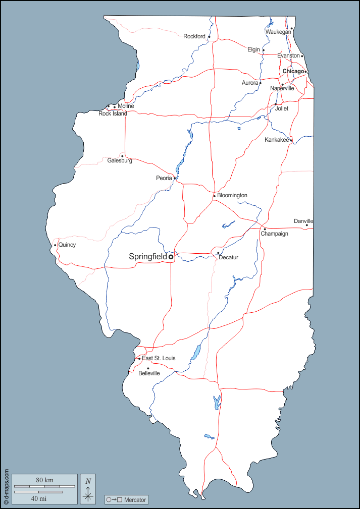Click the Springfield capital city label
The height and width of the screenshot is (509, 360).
[148, 257]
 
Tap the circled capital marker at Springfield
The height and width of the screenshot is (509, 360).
[171, 257]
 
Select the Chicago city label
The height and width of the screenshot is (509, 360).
[293, 72]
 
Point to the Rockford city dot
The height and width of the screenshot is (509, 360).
[209, 36]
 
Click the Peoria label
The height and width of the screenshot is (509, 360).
[164, 178]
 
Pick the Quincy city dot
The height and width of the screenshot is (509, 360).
[55, 245]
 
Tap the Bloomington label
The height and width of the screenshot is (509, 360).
[232, 195]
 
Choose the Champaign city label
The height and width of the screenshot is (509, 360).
[274, 234]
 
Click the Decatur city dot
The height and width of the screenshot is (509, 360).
[218, 253]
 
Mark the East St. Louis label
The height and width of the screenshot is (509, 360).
[159, 358]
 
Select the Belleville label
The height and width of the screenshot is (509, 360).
[149, 373]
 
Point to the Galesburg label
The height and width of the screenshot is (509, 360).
[120, 160]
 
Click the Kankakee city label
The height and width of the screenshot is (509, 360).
[277, 140]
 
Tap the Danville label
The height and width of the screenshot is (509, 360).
[303, 221]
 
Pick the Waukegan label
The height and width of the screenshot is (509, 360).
[278, 32]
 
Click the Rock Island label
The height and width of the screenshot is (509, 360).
[113, 114]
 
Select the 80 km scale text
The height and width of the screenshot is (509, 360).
[44, 480]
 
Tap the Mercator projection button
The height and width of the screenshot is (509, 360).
[126, 500]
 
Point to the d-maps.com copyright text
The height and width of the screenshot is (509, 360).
[6, 486]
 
